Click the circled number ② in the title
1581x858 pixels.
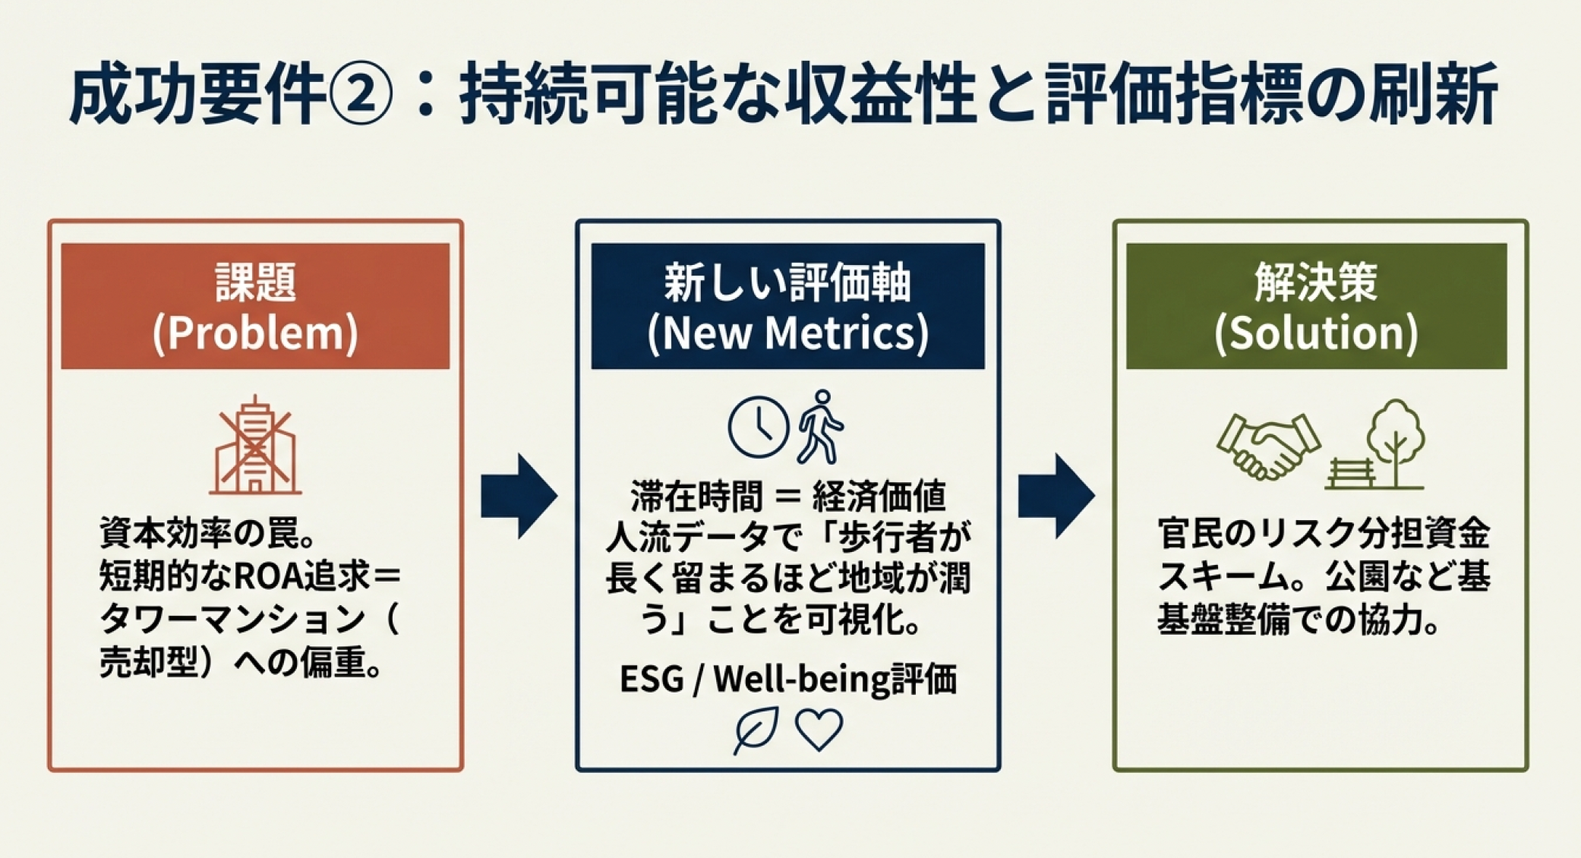coord(360,97)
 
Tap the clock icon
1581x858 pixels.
coord(758,427)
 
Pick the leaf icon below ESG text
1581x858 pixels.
coord(756,730)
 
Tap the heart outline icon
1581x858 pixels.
coord(819,730)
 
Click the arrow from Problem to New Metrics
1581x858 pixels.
coord(519,497)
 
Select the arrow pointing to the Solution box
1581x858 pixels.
coord(1056,497)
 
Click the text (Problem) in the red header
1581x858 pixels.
coord(255,334)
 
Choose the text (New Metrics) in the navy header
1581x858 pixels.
coord(787,334)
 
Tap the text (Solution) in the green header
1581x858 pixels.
coord(1316,334)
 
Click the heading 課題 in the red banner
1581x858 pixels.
coord(255,282)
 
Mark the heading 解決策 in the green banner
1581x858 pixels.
coord(1316,282)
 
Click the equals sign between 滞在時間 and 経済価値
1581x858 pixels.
coord(787,498)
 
